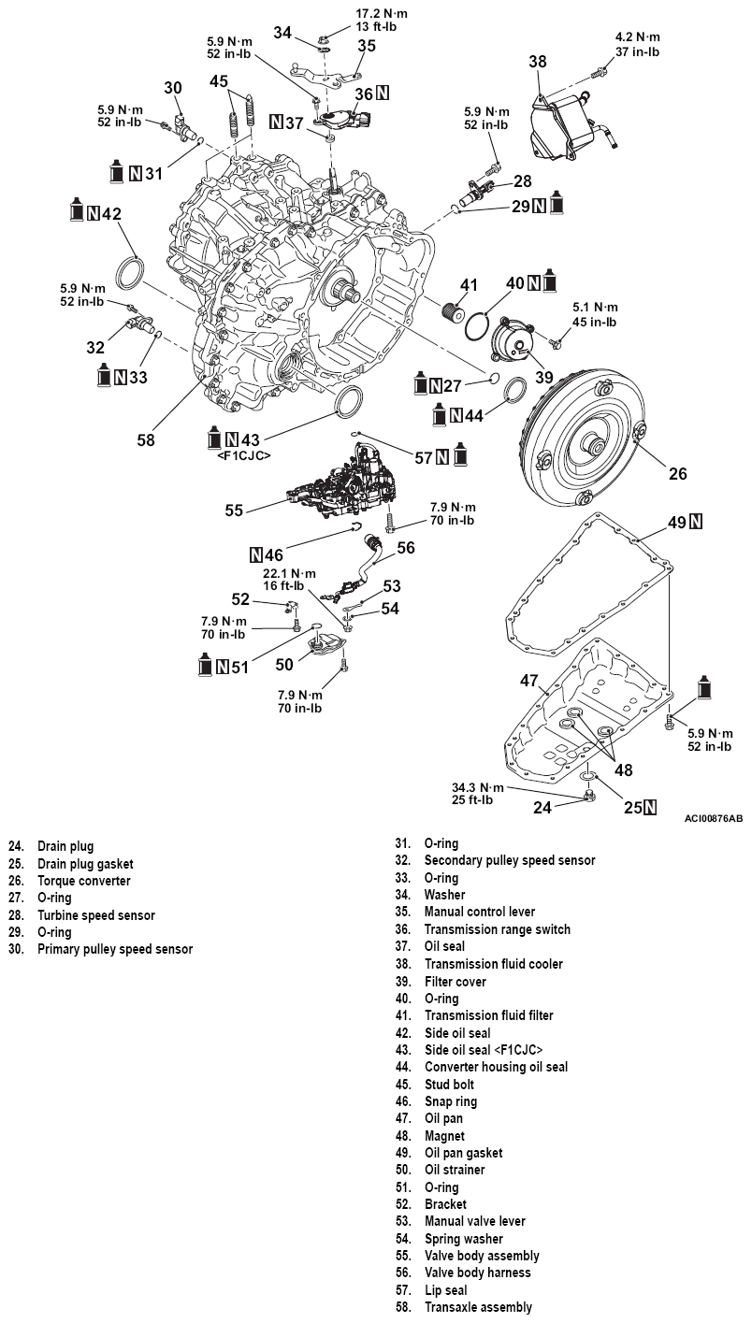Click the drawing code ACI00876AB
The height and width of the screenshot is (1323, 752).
713,818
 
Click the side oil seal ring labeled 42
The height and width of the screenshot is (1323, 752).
130,274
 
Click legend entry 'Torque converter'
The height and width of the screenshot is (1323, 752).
83,881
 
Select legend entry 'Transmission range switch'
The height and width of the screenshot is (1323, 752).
497,929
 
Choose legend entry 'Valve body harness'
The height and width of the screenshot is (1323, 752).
477,1273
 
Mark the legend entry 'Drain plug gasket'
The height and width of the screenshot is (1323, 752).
85,864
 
